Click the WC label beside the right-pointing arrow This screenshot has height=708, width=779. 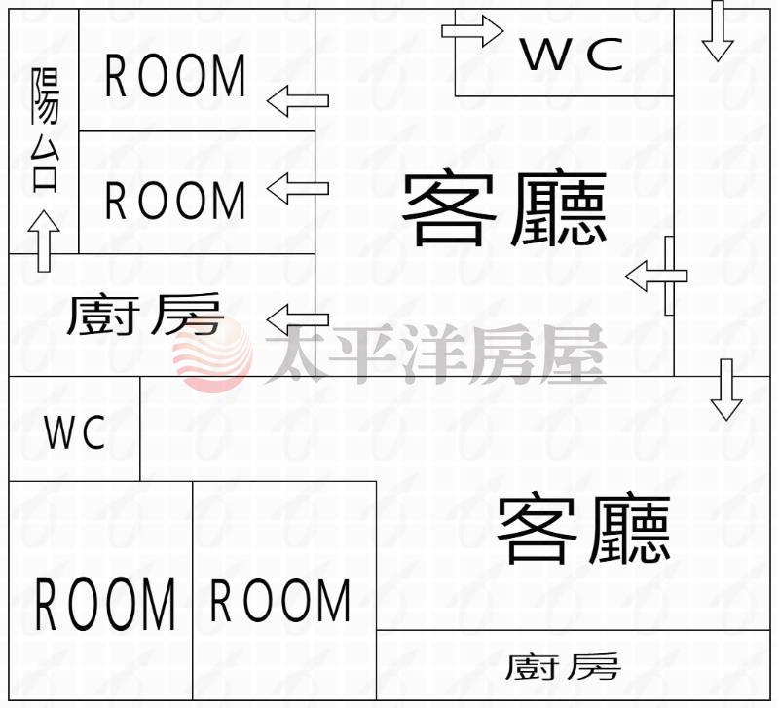coord(572,55)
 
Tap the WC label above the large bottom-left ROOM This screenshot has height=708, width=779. coord(75,433)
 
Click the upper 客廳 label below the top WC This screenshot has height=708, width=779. coord(504,208)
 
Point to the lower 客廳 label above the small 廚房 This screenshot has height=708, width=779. coord(583,530)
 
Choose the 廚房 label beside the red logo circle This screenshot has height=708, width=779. coord(145,316)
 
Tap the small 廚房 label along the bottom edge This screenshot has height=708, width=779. coord(562,667)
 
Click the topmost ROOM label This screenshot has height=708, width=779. coord(175,77)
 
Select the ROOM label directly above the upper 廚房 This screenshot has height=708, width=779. coord(175,201)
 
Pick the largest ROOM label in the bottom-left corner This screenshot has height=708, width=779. coord(105,604)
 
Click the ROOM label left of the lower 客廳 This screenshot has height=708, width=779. coord(280,601)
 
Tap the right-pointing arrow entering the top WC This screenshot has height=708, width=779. coord(472,30)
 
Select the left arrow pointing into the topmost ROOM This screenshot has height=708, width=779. coord(298,100)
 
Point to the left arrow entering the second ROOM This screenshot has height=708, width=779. coord(298,187)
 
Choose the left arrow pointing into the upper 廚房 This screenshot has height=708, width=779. coord(298,318)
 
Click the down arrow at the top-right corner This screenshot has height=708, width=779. coord(718,31)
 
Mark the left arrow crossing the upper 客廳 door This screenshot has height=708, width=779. coord(655,277)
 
